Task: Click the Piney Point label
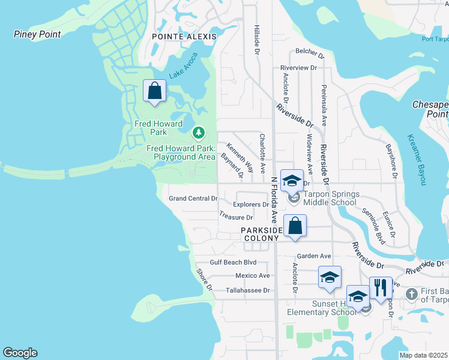click(x=37, y=34)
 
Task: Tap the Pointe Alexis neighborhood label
click(x=184, y=37)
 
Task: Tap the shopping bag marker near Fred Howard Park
click(x=155, y=92)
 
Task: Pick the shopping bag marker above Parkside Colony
click(x=295, y=226)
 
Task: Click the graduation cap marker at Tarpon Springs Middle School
click(x=292, y=180)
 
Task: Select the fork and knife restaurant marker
click(x=381, y=288)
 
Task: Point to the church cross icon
click(x=411, y=294)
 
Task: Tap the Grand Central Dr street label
click(x=193, y=199)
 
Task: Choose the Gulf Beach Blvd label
click(x=233, y=262)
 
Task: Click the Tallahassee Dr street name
click(x=248, y=290)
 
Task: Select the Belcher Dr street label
click(x=309, y=55)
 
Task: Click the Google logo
click(x=20, y=353)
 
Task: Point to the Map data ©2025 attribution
click(x=424, y=355)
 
